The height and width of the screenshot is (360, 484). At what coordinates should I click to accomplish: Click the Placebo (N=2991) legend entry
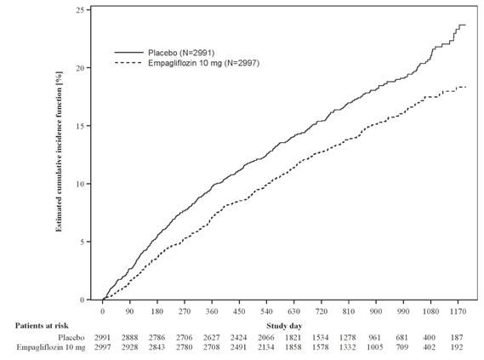(164, 53)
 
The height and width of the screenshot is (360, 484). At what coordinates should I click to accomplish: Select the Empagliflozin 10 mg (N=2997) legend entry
(187, 63)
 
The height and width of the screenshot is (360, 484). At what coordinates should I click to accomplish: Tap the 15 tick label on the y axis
(80, 126)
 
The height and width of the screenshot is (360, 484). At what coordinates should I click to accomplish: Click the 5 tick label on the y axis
(82, 242)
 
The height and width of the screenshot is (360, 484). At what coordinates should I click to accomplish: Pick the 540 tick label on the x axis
(266, 311)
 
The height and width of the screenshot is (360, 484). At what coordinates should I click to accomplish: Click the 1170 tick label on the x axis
(458, 311)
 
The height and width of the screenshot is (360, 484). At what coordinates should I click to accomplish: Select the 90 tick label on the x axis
(129, 311)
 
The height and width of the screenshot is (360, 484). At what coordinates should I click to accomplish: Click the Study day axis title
(284, 326)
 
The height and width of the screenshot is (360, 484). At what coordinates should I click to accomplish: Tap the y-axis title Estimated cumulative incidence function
(59, 151)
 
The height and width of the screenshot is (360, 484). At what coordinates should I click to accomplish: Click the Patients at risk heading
(42, 325)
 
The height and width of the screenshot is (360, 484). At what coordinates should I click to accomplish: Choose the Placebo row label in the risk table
(71, 338)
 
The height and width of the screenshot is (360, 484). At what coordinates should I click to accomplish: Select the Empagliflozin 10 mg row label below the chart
(51, 347)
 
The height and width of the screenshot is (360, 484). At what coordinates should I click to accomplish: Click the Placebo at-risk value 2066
(266, 338)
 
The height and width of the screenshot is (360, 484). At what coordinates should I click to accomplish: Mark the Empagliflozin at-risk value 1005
(375, 347)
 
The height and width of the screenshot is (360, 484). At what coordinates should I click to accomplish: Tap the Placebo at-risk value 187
(457, 338)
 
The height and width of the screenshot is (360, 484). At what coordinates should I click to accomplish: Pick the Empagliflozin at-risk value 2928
(129, 347)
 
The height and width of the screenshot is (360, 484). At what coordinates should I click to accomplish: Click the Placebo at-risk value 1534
(321, 338)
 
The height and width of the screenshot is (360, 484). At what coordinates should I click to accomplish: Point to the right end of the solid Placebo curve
(465, 25)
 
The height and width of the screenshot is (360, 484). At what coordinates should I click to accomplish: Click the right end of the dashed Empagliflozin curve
(465, 87)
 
